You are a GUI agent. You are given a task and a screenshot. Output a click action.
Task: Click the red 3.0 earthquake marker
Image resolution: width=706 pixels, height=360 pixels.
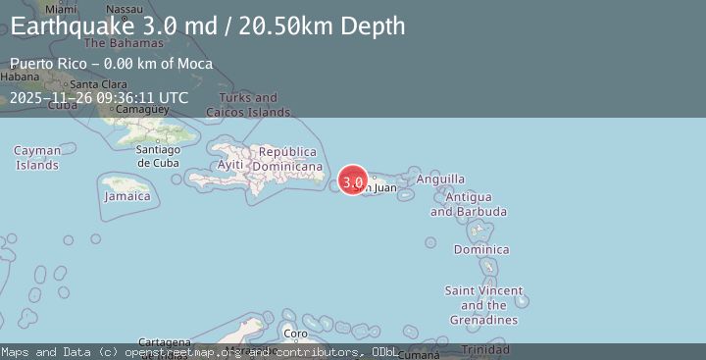tap(353, 181)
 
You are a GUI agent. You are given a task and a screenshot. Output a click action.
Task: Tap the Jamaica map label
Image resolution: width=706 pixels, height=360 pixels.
tap(128, 196)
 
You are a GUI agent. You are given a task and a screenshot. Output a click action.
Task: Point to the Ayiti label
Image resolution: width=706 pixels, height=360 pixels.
tap(229, 165)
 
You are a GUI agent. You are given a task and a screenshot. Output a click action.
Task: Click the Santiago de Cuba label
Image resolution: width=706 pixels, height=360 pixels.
tap(158, 156)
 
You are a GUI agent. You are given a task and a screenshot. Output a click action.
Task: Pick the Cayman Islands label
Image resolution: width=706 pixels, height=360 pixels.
tap(37, 157)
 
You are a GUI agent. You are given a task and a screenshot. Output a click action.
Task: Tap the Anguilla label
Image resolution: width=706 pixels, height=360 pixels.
tap(440, 180)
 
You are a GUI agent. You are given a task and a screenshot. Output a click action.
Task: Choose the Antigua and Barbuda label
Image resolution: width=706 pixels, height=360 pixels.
tap(469, 205)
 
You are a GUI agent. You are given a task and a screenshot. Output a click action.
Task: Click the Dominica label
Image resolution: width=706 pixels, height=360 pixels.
tap(481, 249)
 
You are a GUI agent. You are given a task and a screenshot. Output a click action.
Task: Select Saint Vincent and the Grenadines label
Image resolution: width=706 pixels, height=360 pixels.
tap(483, 305)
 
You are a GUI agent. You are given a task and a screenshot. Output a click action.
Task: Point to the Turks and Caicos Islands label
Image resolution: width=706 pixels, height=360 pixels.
tap(241, 105)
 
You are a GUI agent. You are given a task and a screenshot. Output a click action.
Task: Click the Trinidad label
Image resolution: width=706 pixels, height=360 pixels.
tap(485, 350)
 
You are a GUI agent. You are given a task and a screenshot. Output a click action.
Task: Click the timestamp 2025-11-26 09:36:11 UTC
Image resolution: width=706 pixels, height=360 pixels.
tap(99, 97)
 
